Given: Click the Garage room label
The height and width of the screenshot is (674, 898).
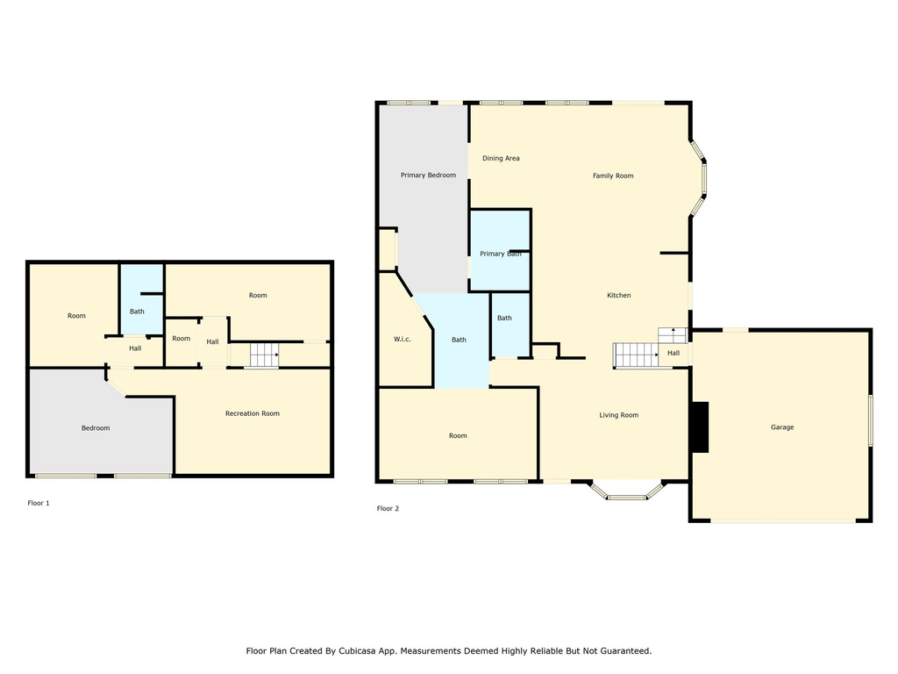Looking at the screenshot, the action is point(781,427).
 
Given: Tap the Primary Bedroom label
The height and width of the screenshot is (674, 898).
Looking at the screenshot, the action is point(428,175).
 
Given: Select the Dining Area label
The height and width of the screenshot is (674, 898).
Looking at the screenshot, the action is point(501,158).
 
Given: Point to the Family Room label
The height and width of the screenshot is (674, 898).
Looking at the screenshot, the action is point(613,176).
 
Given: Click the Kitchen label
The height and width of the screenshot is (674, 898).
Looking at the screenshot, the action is point(618,295).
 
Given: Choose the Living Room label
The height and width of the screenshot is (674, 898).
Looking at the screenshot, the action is point(618,415).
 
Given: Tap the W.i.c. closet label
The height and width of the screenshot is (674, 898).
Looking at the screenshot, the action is point(402,340).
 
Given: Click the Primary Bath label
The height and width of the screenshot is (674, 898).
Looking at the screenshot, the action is point(501,254).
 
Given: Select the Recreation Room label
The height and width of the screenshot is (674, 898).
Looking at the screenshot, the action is point(252,413).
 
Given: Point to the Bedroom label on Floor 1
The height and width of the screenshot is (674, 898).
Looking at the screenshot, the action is point(95,428).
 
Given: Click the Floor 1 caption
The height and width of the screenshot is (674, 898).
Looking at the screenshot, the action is point(39,503).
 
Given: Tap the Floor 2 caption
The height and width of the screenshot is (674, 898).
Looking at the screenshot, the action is point(388,508).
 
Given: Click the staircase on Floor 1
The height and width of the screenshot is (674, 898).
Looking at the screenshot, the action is point(264,355).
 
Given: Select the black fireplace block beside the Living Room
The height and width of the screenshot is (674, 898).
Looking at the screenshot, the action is point(701,427).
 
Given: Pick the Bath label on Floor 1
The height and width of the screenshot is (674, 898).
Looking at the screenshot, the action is point(137,312).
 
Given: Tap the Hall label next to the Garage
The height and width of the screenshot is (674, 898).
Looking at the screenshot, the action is point(673,353).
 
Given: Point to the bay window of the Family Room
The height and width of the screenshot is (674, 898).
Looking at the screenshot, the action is point(699,178).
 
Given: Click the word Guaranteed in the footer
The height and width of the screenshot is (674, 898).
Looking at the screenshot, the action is point(627,651).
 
